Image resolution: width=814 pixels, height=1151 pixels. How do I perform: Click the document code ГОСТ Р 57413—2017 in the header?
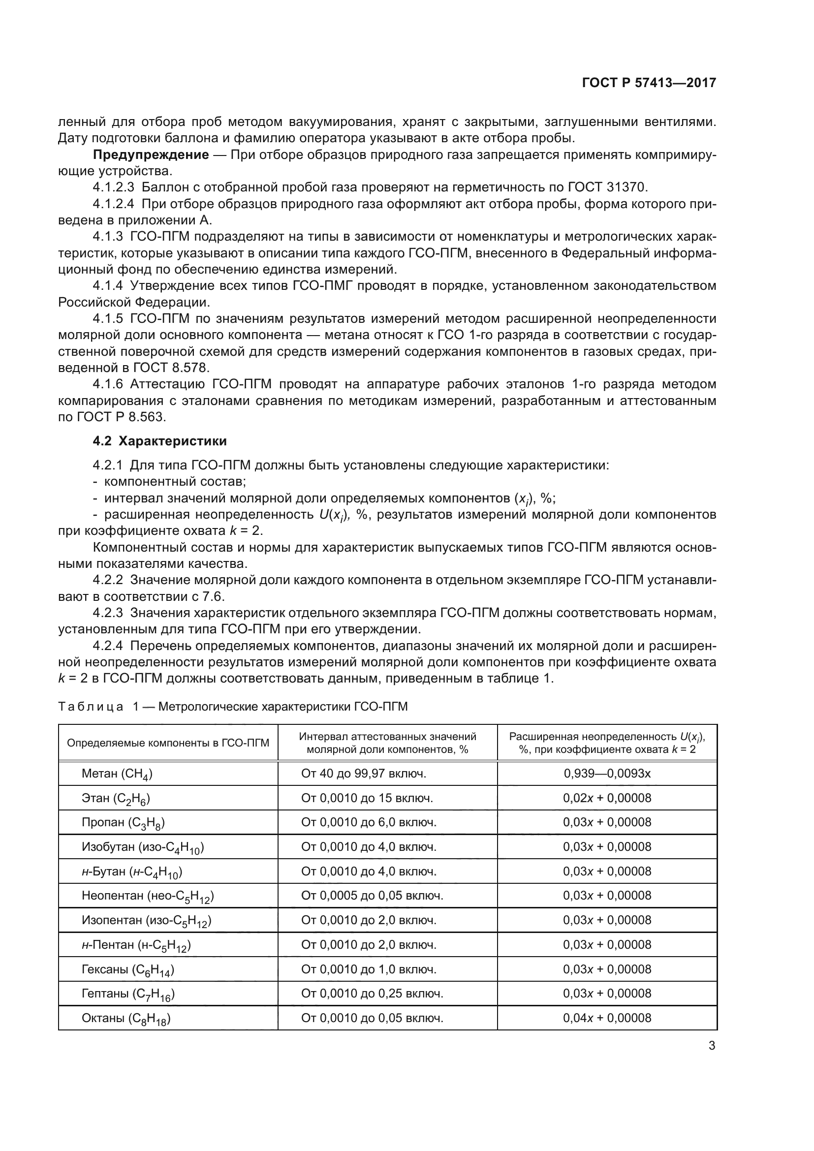click(x=649, y=83)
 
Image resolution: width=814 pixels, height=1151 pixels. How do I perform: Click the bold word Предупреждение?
click(x=151, y=155)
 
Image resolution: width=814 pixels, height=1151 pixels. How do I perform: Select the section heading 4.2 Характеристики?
click(x=159, y=441)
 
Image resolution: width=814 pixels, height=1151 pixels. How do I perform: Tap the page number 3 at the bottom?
click(x=712, y=1046)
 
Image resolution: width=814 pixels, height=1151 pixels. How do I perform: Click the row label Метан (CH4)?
click(x=117, y=774)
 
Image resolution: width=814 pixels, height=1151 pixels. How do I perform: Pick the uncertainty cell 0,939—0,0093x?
click(x=607, y=774)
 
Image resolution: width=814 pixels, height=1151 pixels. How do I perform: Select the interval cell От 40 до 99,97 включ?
click(x=363, y=774)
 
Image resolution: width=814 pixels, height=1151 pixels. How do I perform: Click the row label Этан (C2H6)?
click(x=116, y=798)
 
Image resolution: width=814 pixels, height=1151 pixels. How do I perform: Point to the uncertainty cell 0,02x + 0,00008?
click(x=607, y=798)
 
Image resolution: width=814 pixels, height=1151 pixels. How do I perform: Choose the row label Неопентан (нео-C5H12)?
click(x=147, y=895)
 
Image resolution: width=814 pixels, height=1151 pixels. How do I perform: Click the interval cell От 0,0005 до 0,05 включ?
click(x=372, y=895)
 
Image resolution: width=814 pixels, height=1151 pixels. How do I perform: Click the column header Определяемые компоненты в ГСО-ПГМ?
click(x=168, y=743)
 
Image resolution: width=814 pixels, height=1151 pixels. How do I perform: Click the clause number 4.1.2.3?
click(x=113, y=188)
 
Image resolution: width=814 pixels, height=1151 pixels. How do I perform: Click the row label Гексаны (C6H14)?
click(x=128, y=969)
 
